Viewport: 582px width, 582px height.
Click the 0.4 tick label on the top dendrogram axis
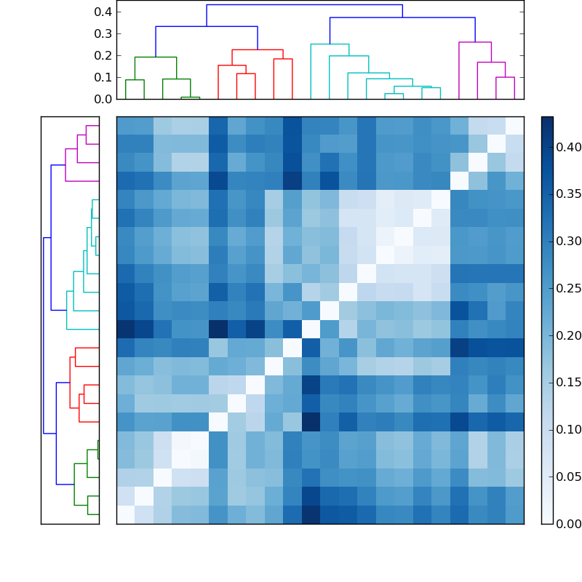click(103, 12)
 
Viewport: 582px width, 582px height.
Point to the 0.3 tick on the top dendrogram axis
click(103, 33)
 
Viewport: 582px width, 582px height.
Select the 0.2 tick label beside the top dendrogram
click(103, 55)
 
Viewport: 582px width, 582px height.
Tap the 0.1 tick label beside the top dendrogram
click(103, 77)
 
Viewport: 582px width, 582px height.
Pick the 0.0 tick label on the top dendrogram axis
click(103, 99)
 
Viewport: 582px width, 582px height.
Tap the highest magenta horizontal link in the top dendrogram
click(475, 42)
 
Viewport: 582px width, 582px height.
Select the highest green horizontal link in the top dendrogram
click(155, 57)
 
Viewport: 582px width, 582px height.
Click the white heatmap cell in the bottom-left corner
click(125, 514)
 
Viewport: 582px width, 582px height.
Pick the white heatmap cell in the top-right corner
click(514, 126)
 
